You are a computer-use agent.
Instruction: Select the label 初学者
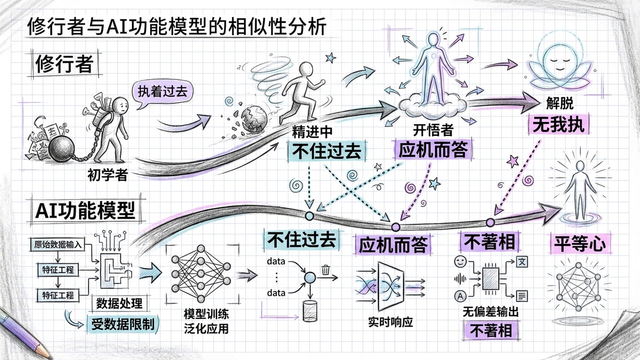point(107,175)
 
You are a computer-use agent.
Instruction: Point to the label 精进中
point(312,132)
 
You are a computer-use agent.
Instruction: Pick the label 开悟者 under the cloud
point(433,130)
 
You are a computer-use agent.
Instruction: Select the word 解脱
point(560,103)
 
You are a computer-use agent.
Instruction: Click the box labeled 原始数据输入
point(58,245)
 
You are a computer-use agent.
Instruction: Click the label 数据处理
point(119,304)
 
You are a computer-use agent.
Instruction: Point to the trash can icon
point(326,269)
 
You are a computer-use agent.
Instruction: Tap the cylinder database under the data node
point(310,311)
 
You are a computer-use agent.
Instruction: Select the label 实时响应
point(390,322)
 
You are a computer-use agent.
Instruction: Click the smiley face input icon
point(460,261)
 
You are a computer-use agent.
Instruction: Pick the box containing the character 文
point(522,262)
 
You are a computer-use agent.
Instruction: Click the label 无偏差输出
point(490,312)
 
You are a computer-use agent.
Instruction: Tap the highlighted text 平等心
point(580,243)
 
